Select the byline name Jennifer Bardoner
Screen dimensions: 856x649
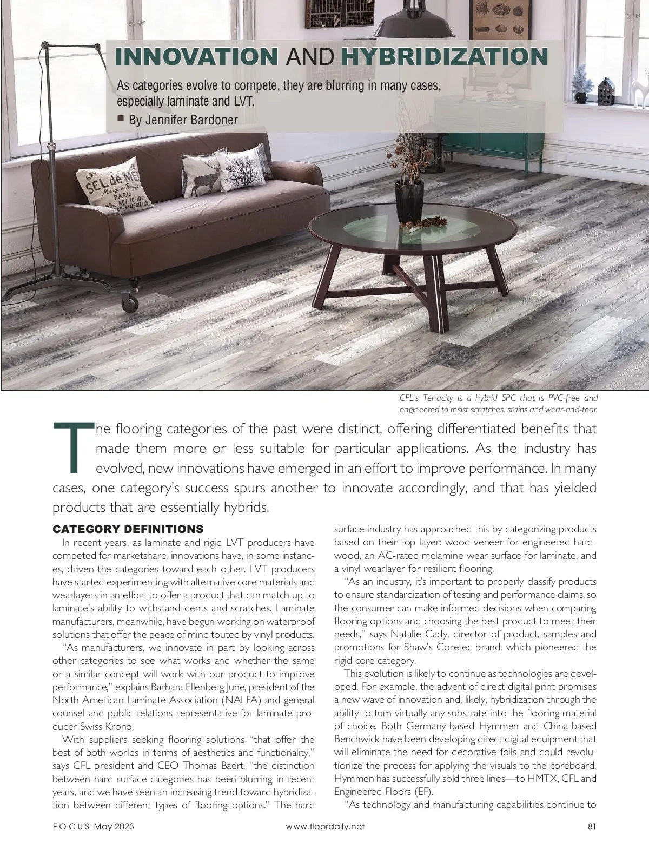pos(183,120)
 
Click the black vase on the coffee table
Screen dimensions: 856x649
pos(409,202)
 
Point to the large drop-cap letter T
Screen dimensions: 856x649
pos(74,447)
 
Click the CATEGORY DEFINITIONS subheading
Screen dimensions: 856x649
pos(128,529)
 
